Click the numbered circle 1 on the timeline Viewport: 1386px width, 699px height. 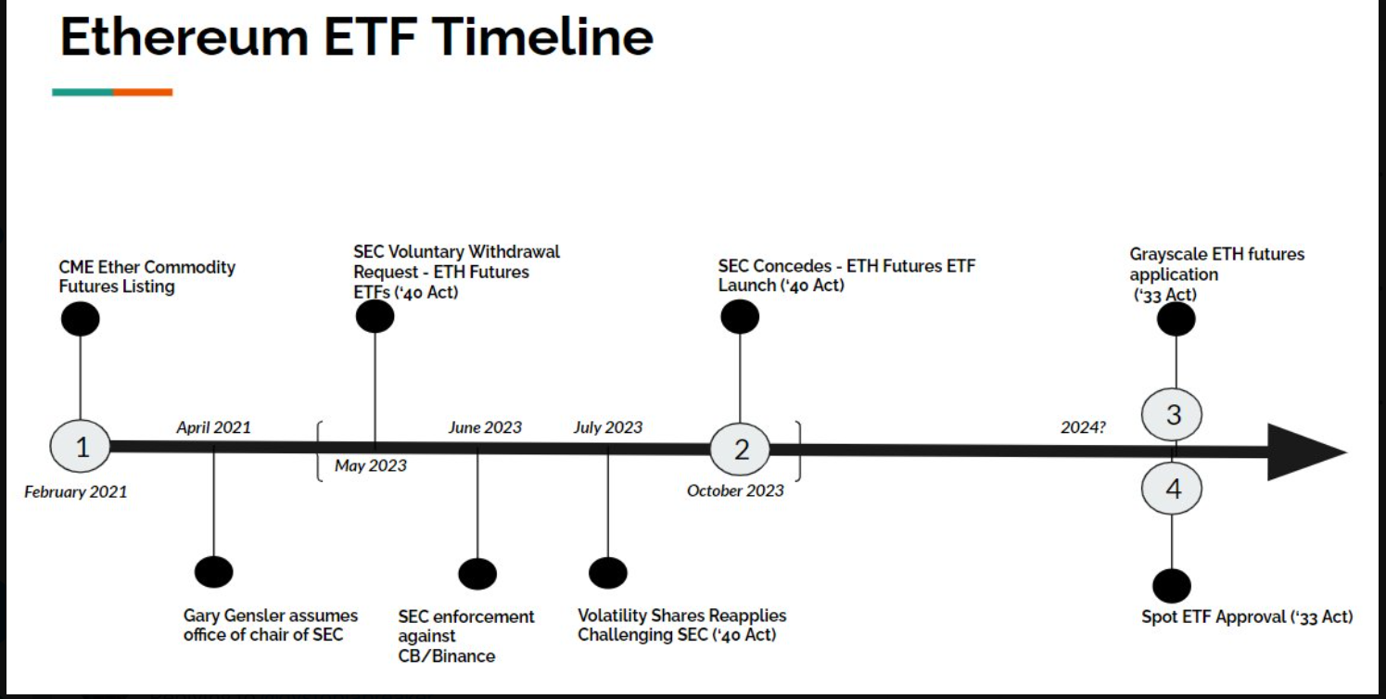point(81,447)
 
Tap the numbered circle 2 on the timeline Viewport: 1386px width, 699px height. point(741,450)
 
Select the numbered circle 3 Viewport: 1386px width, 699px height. point(1173,414)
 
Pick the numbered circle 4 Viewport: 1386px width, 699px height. point(1173,489)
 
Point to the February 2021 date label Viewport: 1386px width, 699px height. point(75,491)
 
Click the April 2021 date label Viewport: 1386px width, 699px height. point(213,427)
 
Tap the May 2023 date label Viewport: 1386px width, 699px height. point(370,465)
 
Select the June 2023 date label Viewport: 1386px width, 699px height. point(485,427)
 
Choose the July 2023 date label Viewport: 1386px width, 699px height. point(607,427)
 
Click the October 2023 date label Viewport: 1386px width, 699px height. point(735,490)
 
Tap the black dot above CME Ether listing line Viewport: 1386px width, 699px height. point(80,319)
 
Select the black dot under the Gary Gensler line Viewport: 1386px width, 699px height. point(214,572)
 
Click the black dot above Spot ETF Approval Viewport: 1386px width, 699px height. point(1172,586)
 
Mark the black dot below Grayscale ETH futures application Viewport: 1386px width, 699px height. point(1176,319)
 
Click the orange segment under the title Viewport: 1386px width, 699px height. point(143,92)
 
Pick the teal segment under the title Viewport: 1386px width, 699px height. point(83,92)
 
